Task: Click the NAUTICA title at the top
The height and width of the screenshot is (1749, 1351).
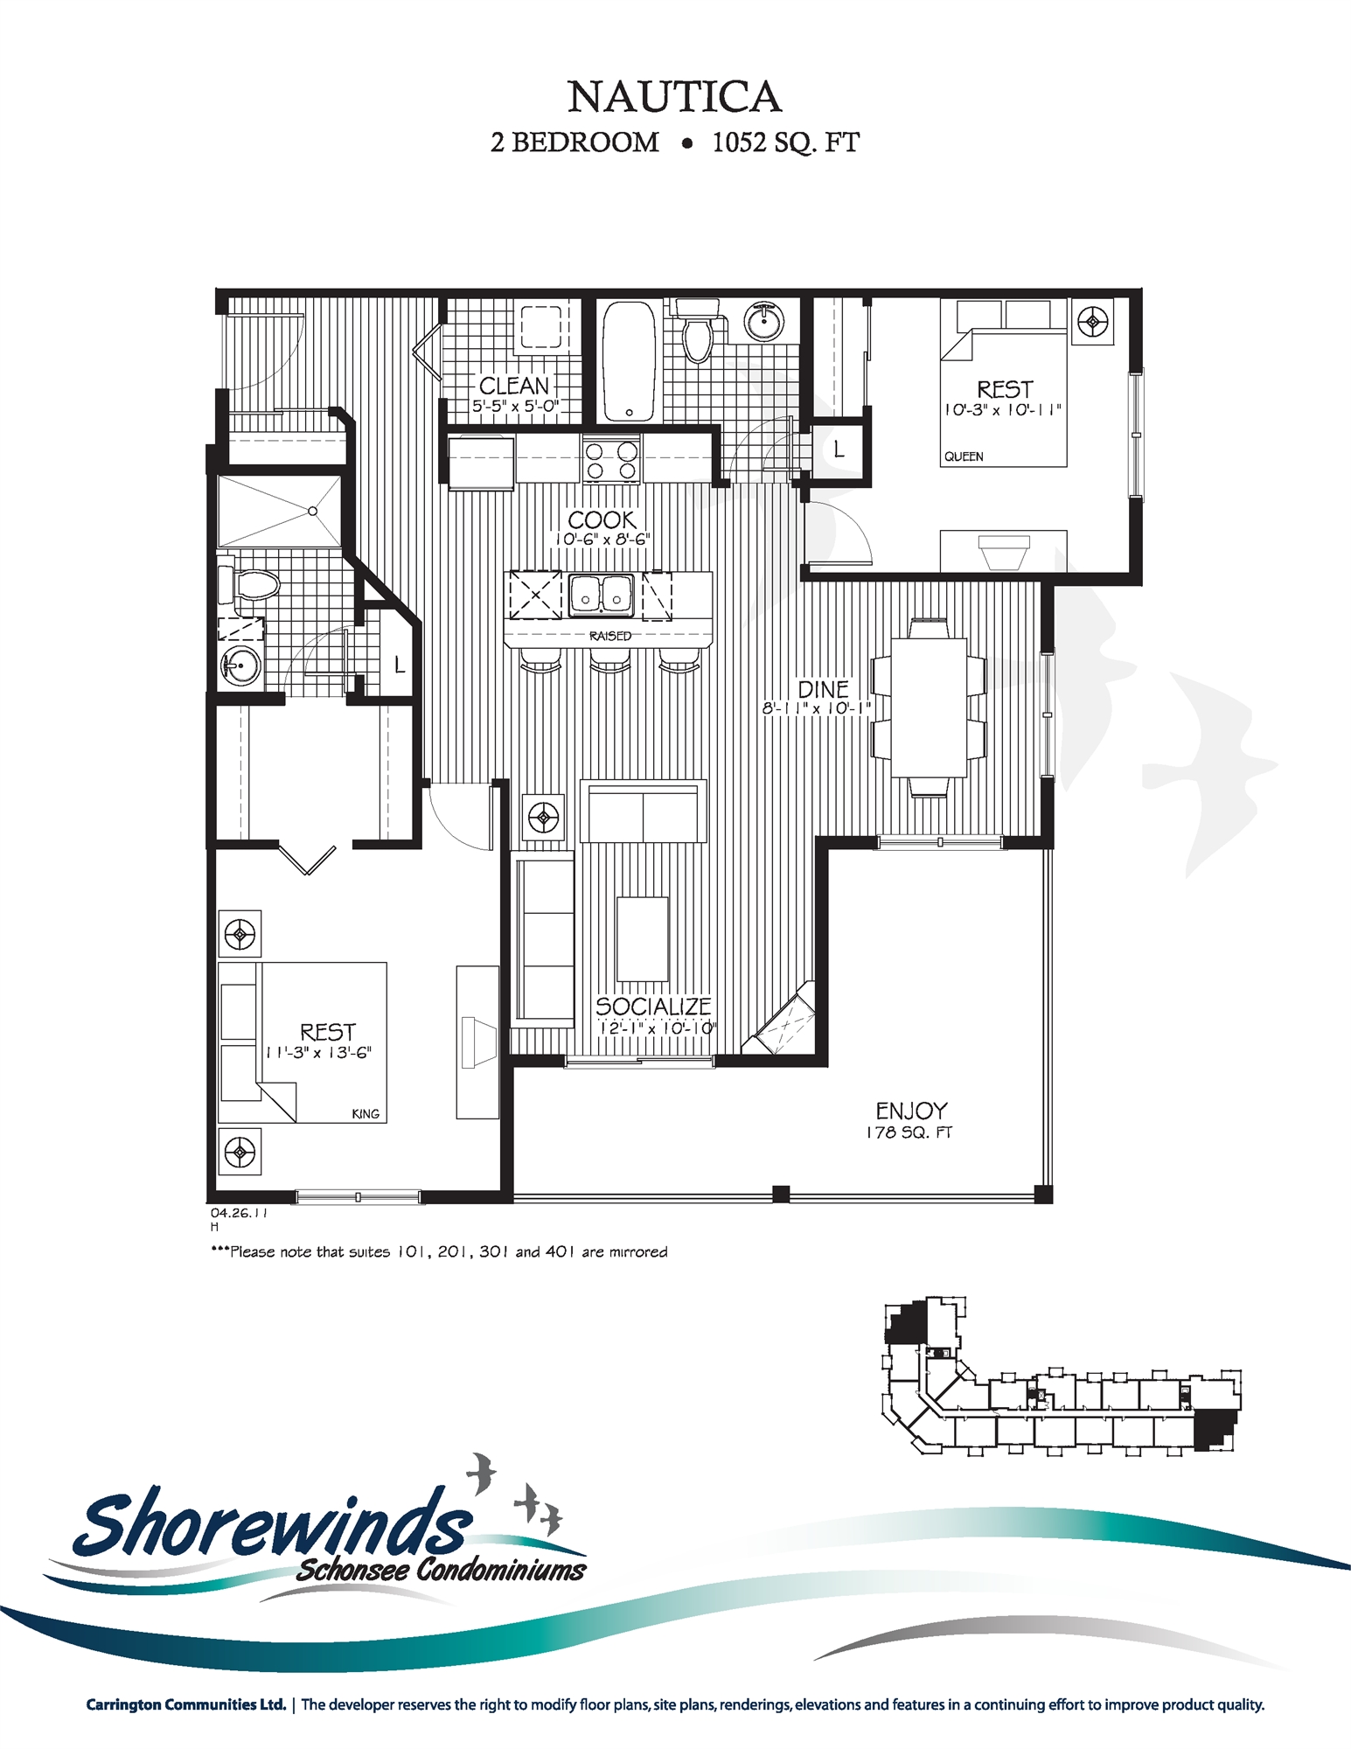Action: [x=674, y=96]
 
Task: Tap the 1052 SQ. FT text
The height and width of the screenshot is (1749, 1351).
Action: [x=785, y=143]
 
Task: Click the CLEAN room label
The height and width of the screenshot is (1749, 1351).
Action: [x=514, y=386]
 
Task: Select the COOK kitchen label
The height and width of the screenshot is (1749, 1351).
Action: [x=602, y=519]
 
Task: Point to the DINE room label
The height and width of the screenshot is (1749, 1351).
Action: [x=823, y=688]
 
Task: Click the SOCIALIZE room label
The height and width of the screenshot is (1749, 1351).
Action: [x=653, y=1007]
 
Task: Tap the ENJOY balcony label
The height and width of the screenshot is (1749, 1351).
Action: [x=911, y=1111]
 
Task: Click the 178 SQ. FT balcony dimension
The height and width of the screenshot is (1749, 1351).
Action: [x=909, y=1132]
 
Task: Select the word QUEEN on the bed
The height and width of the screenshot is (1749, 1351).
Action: [x=964, y=456]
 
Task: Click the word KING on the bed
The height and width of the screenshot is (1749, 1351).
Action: [x=366, y=1114]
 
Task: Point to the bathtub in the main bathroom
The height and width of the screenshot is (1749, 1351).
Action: [x=629, y=359]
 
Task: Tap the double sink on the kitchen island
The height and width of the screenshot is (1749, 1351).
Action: [x=601, y=595]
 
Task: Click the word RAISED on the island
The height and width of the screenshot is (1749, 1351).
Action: [x=609, y=636]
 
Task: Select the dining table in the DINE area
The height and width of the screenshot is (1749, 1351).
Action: [x=929, y=707]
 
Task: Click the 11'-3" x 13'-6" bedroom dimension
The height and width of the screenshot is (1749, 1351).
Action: [x=318, y=1053]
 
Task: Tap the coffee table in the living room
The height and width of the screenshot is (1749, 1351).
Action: [x=642, y=938]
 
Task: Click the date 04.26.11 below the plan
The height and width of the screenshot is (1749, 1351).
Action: [x=238, y=1213]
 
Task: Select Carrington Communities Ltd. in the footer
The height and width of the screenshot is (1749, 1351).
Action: [x=185, y=1704]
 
